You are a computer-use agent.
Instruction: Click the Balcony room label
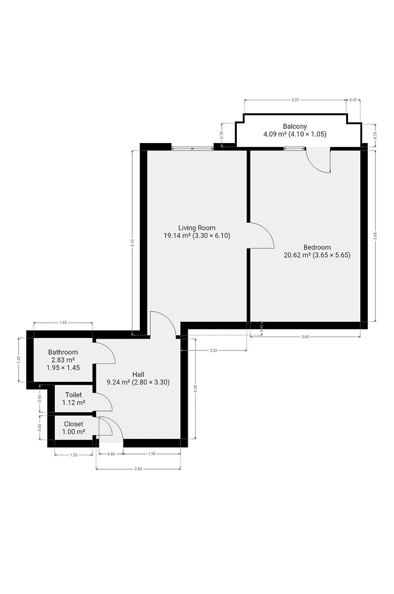pyautogui.click(x=295, y=126)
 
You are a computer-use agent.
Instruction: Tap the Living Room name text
pyautogui.click(x=197, y=228)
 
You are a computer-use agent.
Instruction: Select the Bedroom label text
pyautogui.click(x=317, y=247)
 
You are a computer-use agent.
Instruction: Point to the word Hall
pyautogui.click(x=138, y=374)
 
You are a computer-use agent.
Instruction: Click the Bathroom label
pyautogui.click(x=63, y=352)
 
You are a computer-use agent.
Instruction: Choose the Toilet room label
pyautogui.click(x=74, y=395)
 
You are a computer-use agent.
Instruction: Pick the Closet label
pyautogui.click(x=74, y=424)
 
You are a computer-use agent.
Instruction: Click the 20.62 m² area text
pyautogui.click(x=297, y=255)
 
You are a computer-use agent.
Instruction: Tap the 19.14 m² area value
pyautogui.click(x=177, y=236)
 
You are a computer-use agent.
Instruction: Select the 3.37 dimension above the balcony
pyautogui.click(x=295, y=100)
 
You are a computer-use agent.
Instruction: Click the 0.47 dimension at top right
pyautogui.click(x=353, y=100)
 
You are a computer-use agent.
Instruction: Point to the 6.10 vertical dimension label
pyautogui.click(x=132, y=243)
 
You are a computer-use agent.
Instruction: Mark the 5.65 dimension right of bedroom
pyautogui.click(x=375, y=236)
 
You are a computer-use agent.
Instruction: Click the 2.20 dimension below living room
pyautogui.click(x=214, y=350)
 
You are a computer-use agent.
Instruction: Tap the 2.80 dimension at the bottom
pyautogui.click(x=138, y=469)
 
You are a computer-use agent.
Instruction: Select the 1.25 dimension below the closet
pyautogui.click(x=74, y=455)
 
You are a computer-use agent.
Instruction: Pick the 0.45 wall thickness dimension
pyautogui.click(x=262, y=329)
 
